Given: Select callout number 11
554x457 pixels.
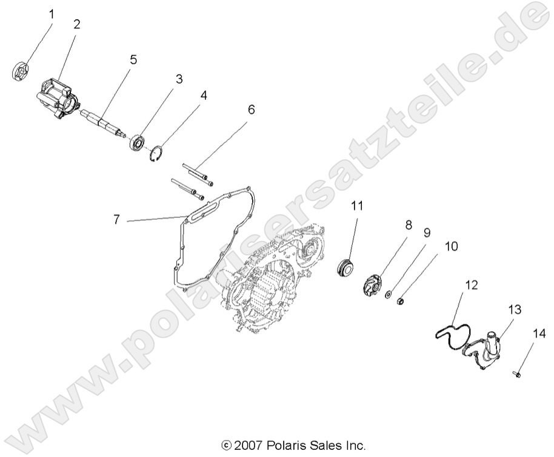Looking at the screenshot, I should [x=358, y=206].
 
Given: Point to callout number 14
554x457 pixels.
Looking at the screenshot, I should [x=539, y=333].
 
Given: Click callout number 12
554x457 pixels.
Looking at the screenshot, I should [x=472, y=284].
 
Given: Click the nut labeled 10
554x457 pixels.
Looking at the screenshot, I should [x=401, y=300].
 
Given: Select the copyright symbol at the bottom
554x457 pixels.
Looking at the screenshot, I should [x=227, y=447].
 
